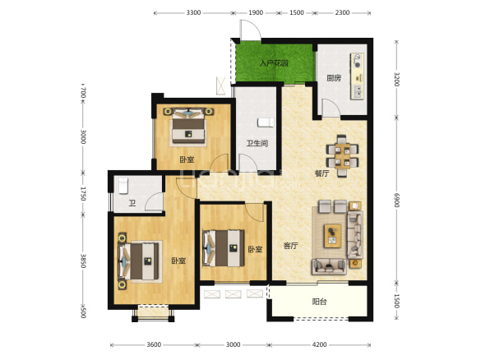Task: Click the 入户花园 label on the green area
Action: (x=274, y=63)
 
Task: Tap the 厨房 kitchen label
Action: (x=334, y=78)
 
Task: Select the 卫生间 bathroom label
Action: (x=257, y=143)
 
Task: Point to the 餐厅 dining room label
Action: (x=321, y=173)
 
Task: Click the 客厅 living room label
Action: (x=290, y=246)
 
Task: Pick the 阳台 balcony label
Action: (x=319, y=302)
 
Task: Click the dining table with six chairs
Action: (x=342, y=156)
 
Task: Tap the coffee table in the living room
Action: (x=332, y=236)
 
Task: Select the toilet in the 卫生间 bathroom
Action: (x=266, y=122)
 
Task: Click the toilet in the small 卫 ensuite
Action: (x=123, y=186)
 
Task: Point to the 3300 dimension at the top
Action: (x=193, y=12)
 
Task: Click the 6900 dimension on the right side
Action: (x=396, y=200)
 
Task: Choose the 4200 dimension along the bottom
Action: (x=319, y=344)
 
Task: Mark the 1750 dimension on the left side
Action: (x=83, y=194)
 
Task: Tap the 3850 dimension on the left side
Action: (x=83, y=261)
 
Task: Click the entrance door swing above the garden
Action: (x=250, y=30)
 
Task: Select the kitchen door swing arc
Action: (x=331, y=108)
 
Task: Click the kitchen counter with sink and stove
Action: (x=358, y=76)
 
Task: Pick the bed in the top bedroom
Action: (x=188, y=127)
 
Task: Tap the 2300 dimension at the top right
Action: (x=342, y=12)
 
